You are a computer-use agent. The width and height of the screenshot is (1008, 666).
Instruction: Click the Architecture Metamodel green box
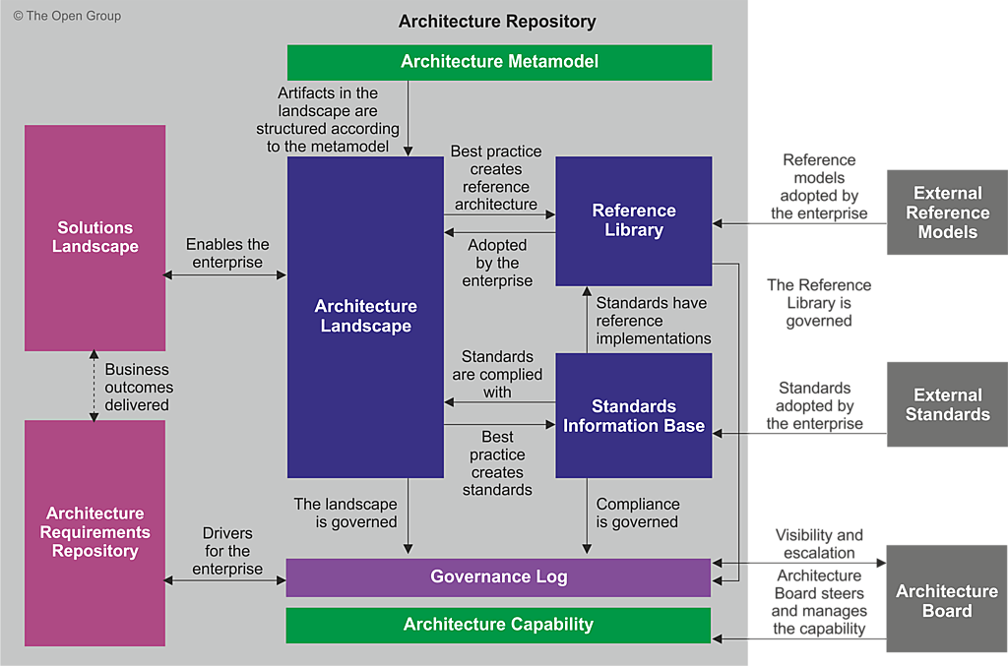coord(499,62)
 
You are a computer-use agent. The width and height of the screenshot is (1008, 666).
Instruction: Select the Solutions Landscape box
coord(94,237)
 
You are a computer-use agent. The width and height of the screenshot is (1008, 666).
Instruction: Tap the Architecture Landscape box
coord(365,317)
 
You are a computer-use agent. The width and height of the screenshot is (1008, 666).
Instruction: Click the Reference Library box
coord(634,220)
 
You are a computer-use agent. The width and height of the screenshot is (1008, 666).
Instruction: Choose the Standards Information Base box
coord(634,415)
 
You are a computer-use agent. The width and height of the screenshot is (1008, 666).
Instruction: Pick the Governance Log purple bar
coord(498,576)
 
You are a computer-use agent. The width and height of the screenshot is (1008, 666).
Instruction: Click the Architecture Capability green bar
coord(498,625)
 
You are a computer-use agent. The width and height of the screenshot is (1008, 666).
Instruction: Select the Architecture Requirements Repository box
coord(94,532)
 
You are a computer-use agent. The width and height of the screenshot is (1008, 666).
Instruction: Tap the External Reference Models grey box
coord(947,212)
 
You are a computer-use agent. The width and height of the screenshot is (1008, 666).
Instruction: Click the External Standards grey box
coord(947,404)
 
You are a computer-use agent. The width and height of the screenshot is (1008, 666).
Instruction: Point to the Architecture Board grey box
coord(947,600)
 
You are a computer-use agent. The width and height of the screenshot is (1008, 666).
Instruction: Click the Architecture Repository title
coord(497,22)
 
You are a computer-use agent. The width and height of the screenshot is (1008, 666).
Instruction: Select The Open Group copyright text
coord(67,16)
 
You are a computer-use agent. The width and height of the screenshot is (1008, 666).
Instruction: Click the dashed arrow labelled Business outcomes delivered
coord(94,386)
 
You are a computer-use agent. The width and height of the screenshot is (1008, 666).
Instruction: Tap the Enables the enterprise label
coord(227,253)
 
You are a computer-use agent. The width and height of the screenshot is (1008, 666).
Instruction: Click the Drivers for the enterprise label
coord(227,551)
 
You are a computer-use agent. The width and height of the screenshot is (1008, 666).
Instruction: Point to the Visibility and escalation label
coord(819,544)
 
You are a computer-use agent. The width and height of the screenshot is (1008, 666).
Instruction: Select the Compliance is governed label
coord(637,513)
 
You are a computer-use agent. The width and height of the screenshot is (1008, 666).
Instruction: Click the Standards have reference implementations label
coord(653,321)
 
